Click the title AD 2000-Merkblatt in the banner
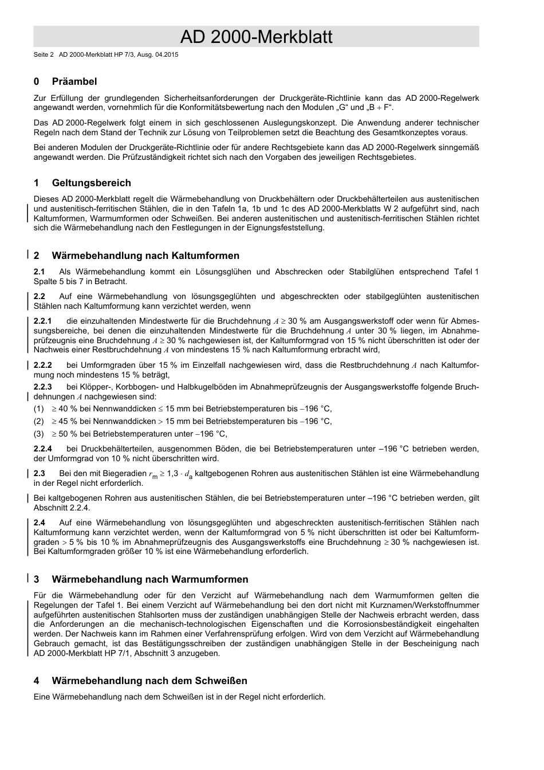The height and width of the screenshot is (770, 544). (x=256, y=37)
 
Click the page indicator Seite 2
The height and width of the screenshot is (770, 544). (x=44, y=56)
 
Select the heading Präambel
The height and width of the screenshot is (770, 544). (x=74, y=82)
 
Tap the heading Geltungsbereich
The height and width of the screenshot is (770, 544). (x=91, y=183)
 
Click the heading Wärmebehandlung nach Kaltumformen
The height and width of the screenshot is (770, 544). (x=145, y=256)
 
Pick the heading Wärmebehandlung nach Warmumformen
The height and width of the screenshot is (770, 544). (x=150, y=580)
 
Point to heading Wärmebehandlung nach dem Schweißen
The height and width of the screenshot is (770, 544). (x=149, y=681)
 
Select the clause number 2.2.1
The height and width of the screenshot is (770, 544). (x=42, y=321)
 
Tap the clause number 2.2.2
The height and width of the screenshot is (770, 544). (x=42, y=366)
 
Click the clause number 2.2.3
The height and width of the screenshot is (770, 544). (x=42, y=387)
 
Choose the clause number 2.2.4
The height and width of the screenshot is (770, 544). (x=42, y=449)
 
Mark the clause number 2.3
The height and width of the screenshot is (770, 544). (x=39, y=474)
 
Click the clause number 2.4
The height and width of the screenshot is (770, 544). (x=39, y=523)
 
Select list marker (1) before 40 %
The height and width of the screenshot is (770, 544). (x=38, y=409)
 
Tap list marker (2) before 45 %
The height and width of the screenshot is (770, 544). (x=38, y=422)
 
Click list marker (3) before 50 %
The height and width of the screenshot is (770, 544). (x=38, y=434)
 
